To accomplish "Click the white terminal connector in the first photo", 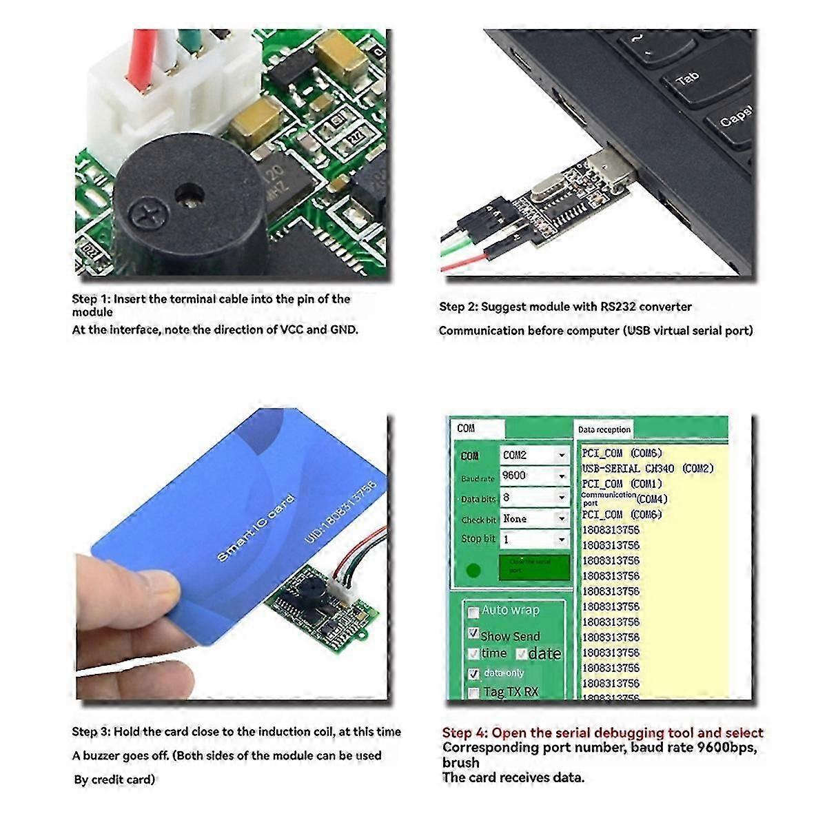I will [x=165, y=90].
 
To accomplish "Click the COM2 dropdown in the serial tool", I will [x=534, y=455].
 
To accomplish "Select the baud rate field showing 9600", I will [x=534, y=476].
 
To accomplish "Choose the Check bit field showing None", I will [x=534, y=519].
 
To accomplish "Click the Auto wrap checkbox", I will [x=473, y=611].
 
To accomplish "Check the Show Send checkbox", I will [x=473, y=633].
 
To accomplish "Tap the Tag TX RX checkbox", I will [x=473, y=693].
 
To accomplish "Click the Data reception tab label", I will [x=604, y=429].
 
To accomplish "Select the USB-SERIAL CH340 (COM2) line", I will [x=648, y=469].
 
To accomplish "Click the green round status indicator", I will [x=473, y=571].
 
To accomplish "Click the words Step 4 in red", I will [x=465, y=733].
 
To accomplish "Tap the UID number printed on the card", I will [x=341, y=510].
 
